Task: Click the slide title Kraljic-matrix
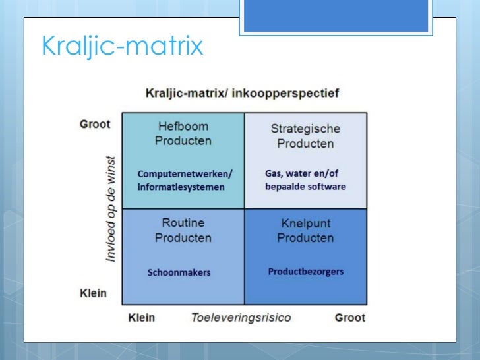pyautogui.click(x=122, y=47)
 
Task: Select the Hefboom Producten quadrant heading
pyautogui.click(x=183, y=133)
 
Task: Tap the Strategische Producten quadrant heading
pyautogui.click(x=305, y=136)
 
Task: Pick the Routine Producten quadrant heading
pyautogui.click(x=183, y=230)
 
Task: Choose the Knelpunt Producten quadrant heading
pyautogui.click(x=305, y=230)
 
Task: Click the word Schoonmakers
pyautogui.click(x=179, y=272)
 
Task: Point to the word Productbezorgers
pyautogui.click(x=305, y=272)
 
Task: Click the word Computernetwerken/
pyautogui.click(x=185, y=174)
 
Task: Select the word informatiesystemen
pyautogui.click(x=181, y=187)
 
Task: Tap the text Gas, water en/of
pyautogui.click(x=303, y=173)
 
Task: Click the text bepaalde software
pyautogui.click(x=305, y=187)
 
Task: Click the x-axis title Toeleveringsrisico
pyautogui.click(x=241, y=318)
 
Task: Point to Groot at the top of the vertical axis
pyautogui.click(x=95, y=124)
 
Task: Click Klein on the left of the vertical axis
pyautogui.click(x=93, y=293)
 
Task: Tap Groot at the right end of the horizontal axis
pyautogui.click(x=349, y=318)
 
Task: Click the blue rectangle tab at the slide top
pyautogui.click(x=334, y=15)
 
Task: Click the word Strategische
pyautogui.click(x=305, y=129)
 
